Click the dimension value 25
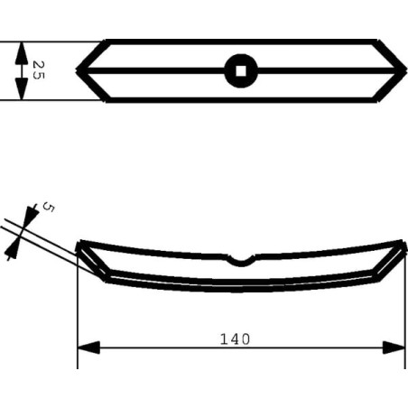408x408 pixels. click(39, 70)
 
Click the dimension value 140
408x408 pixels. click(235, 339)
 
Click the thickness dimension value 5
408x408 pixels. click(49, 207)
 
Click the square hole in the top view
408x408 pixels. click(241, 71)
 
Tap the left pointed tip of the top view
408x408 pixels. click(77, 70)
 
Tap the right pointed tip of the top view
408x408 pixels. click(406, 70)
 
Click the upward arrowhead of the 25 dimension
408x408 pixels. click(22, 52)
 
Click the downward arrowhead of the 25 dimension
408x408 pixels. click(22, 88)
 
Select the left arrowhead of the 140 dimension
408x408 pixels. click(88, 348)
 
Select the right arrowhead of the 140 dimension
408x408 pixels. click(394, 348)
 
